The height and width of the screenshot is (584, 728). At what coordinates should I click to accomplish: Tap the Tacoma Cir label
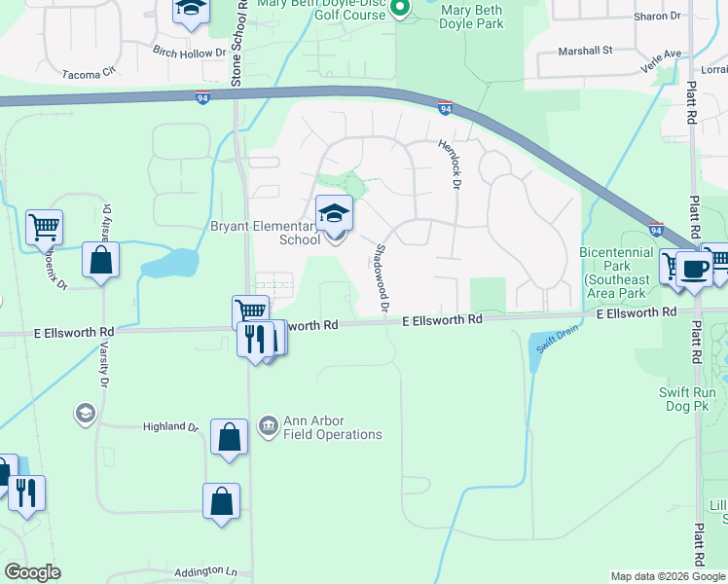pyautogui.click(x=88, y=73)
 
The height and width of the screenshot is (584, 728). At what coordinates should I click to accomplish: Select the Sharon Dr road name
pyautogui.click(x=657, y=17)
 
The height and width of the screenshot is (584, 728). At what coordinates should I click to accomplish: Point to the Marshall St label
pyautogui.click(x=584, y=50)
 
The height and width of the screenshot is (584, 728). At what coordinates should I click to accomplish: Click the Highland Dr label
pyautogui.click(x=170, y=426)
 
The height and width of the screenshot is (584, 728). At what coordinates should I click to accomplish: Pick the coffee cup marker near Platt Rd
pyautogui.click(x=693, y=270)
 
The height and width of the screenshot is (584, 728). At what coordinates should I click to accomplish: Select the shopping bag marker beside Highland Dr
pyautogui.click(x=229, y=437)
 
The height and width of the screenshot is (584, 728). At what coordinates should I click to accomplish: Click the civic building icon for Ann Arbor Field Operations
pyautogui.click(x=268, y=426)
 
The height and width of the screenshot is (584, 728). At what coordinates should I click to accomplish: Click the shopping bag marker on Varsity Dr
pyautogui.click(x=100, y=260)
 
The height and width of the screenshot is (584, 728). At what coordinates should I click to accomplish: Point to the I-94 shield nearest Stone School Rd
pyautogui.click(x=201, y=99)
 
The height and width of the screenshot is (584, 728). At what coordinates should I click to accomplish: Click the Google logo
pyautogui.click(x=32, y=572)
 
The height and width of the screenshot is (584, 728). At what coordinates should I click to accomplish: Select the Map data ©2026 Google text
pyautogui.click(x=667, y=576)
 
